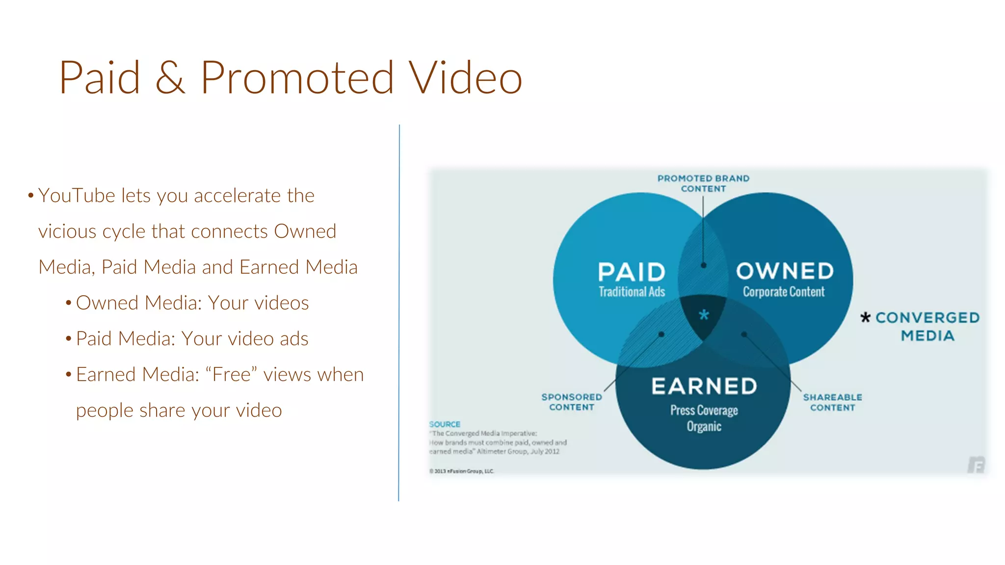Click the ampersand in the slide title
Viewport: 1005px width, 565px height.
tap(170, 78)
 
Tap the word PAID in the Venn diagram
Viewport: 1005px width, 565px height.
tap(632, 272)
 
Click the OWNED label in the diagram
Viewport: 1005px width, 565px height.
tap(785, 271)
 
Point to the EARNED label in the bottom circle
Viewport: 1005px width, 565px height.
tap(704, 386)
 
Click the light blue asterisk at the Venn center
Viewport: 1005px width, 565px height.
tap(704, 315)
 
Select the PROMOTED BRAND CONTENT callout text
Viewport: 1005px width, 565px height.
tap(703, 183)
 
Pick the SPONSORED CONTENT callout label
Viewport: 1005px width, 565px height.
tap(572, 402)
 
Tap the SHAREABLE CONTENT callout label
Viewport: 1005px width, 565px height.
tap(832, 402)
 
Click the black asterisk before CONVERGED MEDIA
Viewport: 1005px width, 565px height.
tap(865, 318)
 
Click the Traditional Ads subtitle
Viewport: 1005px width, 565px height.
tap(632, 292)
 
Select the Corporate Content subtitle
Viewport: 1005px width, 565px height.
tap(784, 292)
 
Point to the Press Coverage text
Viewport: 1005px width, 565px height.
tap(704, 410)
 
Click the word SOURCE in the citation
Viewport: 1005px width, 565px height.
tap(445, 424)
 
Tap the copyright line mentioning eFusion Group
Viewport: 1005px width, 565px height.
tap(462, 471)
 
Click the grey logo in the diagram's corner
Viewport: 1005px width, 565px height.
tap(976, 464)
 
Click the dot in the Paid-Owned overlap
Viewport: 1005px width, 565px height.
tap(703, 265)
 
